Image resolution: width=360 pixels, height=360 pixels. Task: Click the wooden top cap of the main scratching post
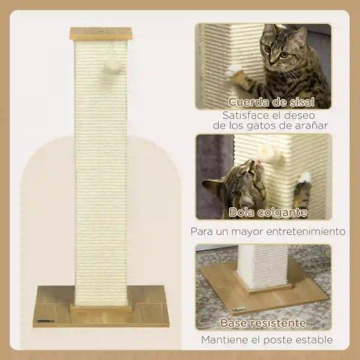coord(101,33)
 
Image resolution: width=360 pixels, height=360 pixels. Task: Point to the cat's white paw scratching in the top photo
coord(234,70)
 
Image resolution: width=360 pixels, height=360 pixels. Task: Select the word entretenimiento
coord(307,231)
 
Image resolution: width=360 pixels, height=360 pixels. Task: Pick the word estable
coord(314,340)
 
